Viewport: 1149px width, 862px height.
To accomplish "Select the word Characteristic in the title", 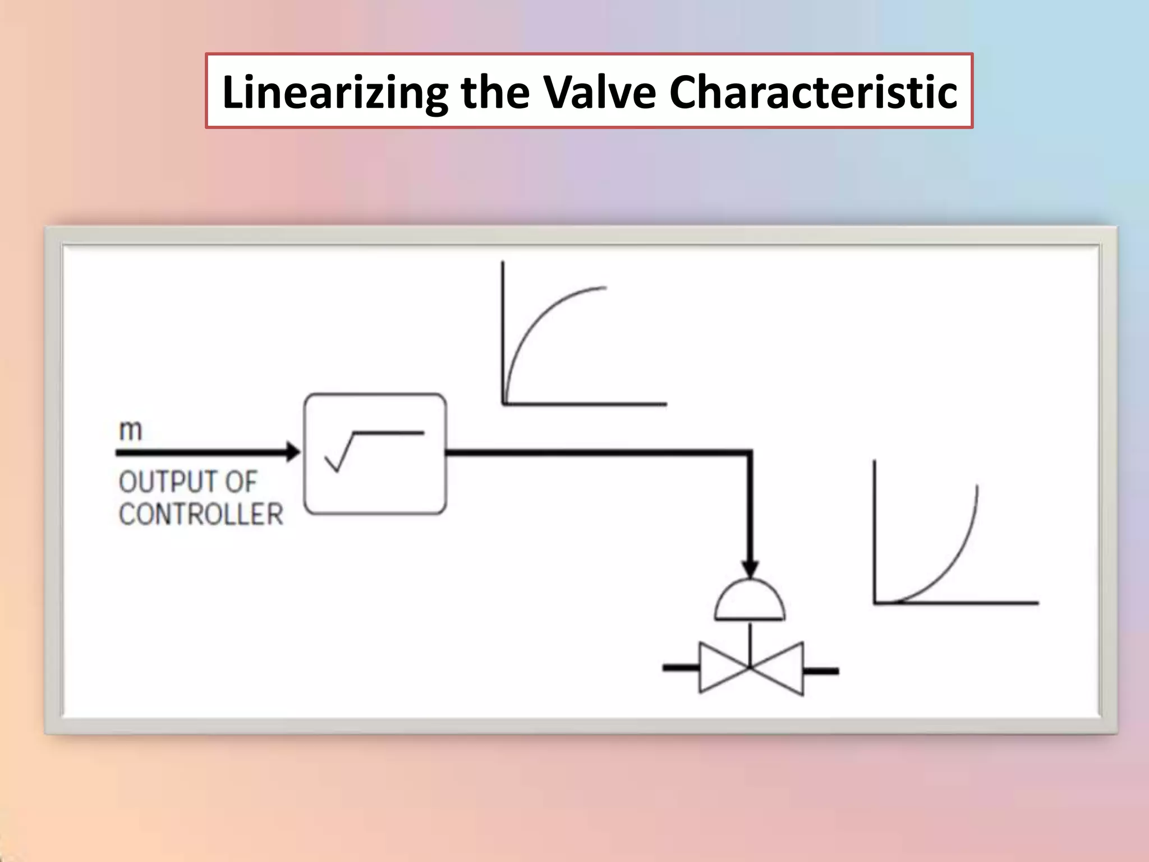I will click(813, 91).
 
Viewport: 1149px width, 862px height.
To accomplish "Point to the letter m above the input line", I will click(131, 430).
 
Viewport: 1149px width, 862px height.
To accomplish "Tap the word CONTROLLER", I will click(201, 514).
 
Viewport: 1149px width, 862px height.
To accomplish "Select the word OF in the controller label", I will click(241, 482).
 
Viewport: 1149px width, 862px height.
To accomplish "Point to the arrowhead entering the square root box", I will click(293, 451).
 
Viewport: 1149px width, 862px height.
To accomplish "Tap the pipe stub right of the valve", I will click(821, 670).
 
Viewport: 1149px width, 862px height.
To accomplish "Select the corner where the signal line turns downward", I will click(750, 452).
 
